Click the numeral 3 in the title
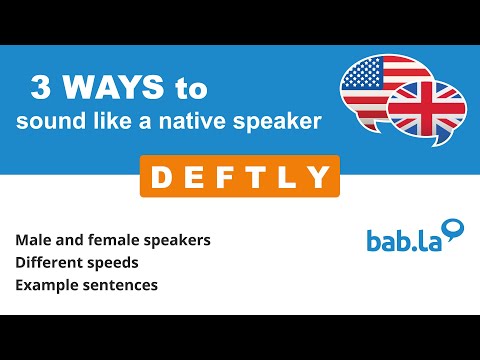41,89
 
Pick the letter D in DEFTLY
159,178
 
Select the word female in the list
113,241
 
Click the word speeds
114,264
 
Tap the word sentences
119,285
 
